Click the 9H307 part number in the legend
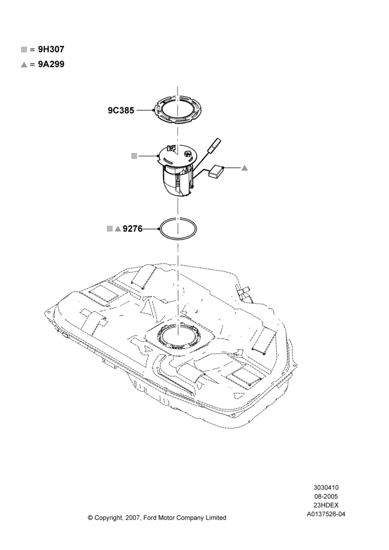click(x=51, y=50)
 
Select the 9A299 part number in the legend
click(x=51, y=64)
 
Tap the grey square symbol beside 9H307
click(x=24, y=50)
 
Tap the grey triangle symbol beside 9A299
click(x=24, y=64)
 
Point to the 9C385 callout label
click(x=121, y=111)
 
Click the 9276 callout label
click(x=133, y=229)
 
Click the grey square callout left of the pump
click(x=134, y=156)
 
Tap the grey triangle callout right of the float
click(x=244, y=168)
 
